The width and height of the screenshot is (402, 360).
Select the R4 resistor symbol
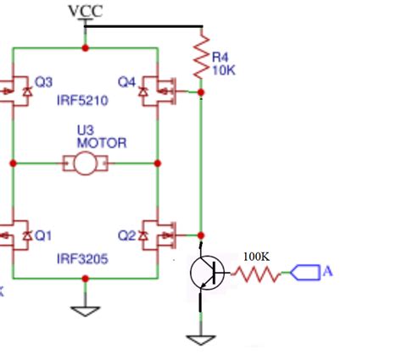[201, 54]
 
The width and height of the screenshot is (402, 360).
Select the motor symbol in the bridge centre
[85, 163]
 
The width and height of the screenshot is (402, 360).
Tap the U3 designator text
[85, 130]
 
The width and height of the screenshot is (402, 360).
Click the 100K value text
[257, 255]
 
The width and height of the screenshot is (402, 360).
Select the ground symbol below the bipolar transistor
[201, 339]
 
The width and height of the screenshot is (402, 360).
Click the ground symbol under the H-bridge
[85, 309]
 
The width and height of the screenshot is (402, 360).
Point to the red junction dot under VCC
[85, 47]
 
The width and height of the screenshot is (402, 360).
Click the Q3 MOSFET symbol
[14, 87]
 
